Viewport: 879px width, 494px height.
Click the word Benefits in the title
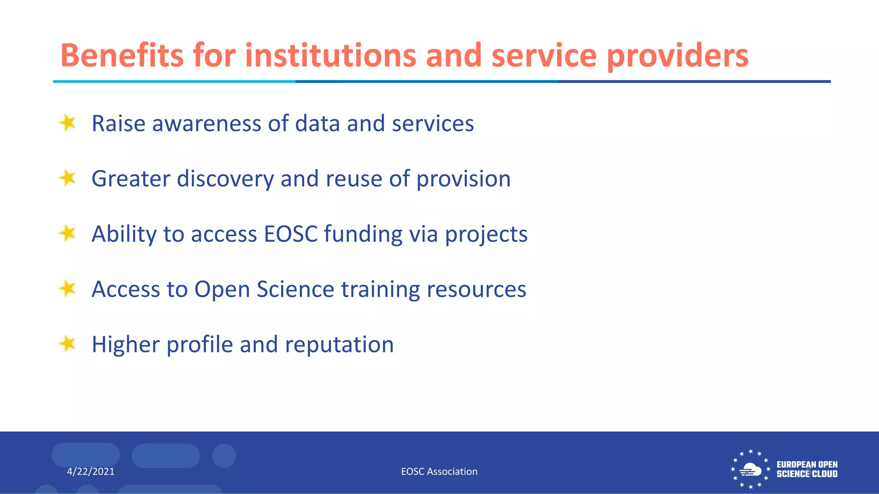tap(122, 55)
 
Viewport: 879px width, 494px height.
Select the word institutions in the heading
tap(330, 55)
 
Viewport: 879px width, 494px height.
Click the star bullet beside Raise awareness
tap(67, 123)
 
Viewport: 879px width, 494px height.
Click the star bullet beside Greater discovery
tap(67, 178)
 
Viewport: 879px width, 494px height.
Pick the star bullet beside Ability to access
tap(67, 233)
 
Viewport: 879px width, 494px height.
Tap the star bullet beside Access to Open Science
tap(67, 289)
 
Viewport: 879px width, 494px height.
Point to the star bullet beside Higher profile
tap(67, 343)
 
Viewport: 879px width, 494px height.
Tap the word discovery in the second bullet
tap(225, 179)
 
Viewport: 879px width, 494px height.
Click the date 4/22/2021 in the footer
tap(91, 472)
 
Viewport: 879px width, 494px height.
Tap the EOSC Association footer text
tap(439, 472)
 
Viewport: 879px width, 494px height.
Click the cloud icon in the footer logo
tap(750, 470)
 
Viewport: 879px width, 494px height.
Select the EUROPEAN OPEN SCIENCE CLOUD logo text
tap(807, 469)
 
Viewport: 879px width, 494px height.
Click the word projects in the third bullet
tap(486, 235)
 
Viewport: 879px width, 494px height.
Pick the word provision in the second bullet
tap(464, 179)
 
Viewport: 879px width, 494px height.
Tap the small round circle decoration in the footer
tap(224, 455)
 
